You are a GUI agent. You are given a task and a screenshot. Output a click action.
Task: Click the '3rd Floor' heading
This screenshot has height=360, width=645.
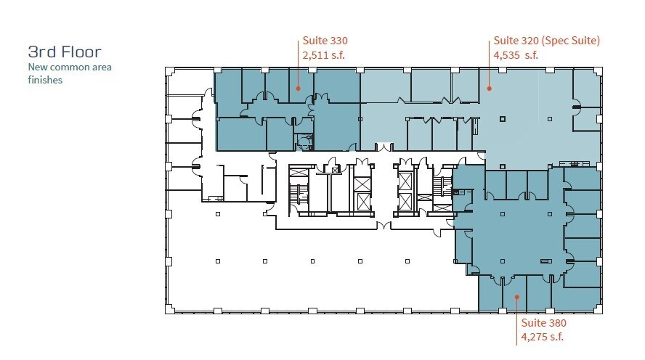click(64, 52)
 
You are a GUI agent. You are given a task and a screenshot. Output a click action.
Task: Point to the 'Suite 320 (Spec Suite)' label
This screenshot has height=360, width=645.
click(546, 41)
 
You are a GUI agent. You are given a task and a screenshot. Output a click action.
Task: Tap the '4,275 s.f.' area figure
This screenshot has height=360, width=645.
click(543, 337)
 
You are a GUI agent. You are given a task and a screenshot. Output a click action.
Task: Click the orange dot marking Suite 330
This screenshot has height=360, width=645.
click(297, 89)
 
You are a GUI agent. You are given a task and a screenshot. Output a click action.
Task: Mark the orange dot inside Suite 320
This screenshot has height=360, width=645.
click(489, 89)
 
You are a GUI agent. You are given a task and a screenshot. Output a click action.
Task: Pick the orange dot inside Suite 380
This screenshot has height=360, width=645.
click(516, 296)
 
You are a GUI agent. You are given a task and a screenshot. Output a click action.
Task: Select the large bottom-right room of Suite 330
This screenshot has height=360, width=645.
click(336, 127)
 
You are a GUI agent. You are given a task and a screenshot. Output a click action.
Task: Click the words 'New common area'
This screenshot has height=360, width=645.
click(70, 67)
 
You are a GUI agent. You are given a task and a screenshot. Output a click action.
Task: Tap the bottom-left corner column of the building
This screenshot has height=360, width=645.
click(169, 309)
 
